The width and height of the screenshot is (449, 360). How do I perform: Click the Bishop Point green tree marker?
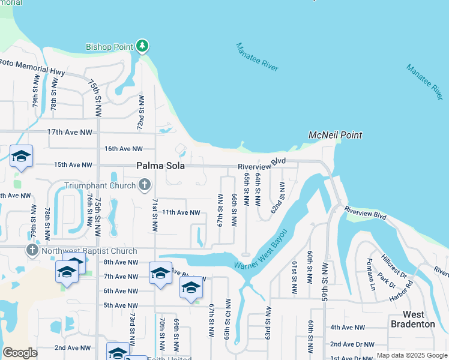tap(142, 46)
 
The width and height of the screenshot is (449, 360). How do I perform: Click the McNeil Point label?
tap(335, 135)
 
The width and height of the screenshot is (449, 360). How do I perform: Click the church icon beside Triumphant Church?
tap(144, 185)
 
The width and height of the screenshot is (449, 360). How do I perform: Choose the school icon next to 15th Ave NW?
tap(22, 157)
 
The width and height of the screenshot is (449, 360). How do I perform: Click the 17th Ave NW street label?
tap(73, 132)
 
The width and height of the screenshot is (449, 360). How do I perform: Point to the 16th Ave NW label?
tap(124, 149)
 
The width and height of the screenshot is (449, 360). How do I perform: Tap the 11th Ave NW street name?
tap(181, 212)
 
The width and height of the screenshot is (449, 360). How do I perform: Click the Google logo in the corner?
tap(20, 353)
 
